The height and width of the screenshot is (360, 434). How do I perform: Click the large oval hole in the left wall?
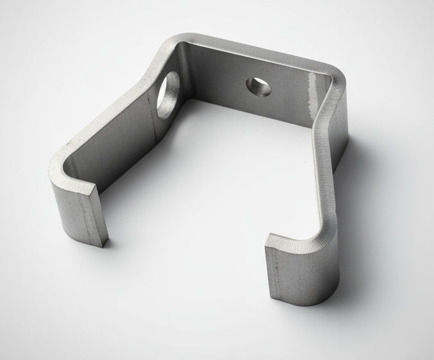[x=168, y=94]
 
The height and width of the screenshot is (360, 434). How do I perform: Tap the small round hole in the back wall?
[x=258, y=85]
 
